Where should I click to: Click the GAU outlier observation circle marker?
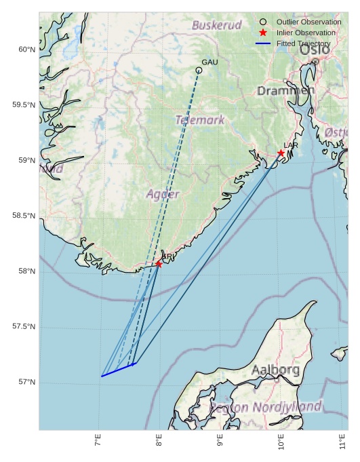tap(199, 70)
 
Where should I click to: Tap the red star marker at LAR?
tap(281, 153)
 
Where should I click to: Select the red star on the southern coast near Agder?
tap(159, 263)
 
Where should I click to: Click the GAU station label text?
tap(209, 62)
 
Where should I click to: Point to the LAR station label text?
tap(291, 145)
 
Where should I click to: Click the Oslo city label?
tap(314, 50)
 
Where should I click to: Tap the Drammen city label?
tap(285, 90)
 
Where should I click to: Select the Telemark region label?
tap(200, 120)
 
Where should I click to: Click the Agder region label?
tap(163, 194)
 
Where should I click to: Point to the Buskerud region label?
tap(216, 25)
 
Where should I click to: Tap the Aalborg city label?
tap(275, 370)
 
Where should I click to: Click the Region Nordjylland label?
tap(265, 407)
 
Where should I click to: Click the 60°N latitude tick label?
tap(26, 50)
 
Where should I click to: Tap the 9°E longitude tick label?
tap(220, 443)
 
